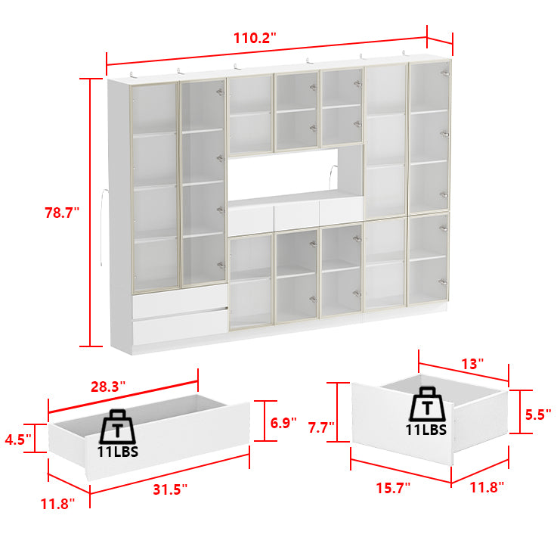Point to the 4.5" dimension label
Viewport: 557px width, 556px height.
[x=17, y=438]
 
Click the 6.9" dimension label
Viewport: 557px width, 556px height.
[x=283, y=423]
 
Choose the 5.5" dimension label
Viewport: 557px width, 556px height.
[x=537, y=414]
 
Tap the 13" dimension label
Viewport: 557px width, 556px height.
[x=472, y=364]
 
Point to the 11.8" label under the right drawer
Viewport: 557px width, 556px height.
[x=486, y=488]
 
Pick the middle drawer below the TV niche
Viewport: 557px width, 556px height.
[x=296, y=215]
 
